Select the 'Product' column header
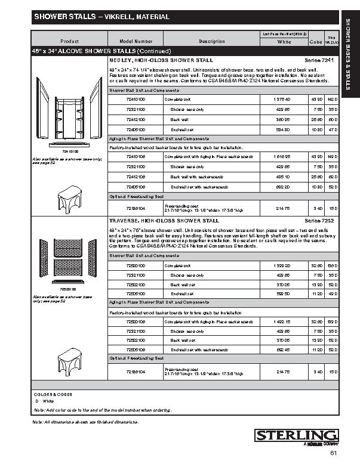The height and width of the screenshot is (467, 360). tap(70, 41)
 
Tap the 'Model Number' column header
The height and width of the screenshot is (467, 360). tap(136, 41)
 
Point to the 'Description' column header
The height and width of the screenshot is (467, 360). tap(212, 41)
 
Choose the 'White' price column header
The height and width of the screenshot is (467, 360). tap(284, 42)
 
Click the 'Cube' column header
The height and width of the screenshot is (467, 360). tap(316, 42)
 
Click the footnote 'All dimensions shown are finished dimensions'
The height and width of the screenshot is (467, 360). tap(86, 422)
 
